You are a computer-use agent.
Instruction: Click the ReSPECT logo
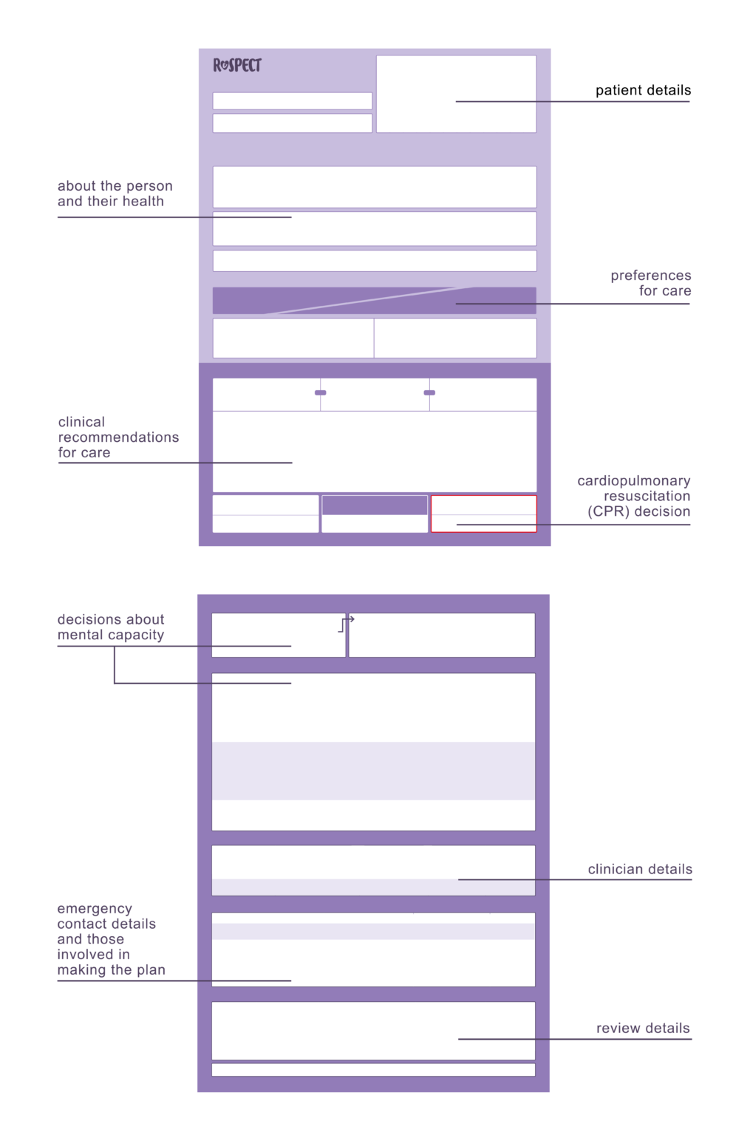tap(237, 65)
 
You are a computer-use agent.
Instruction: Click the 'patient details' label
tap(643, 90)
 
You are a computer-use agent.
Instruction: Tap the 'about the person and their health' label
tap(115, 194)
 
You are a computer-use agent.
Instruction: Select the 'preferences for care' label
tap(651, 283)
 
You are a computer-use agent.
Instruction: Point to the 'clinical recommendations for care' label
tap(118, 437)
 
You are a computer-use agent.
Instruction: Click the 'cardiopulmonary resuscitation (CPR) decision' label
tap(634, 496)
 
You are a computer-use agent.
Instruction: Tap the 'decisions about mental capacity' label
tap(111, 627)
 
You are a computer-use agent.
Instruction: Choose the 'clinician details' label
tap(640, 869)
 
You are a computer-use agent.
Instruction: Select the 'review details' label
tap(643, 1028)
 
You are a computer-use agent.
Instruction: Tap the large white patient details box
tap(456, 95)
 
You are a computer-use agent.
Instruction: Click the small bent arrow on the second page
tap(346, 624)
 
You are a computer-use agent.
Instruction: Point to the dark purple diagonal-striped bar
tap(375, 301)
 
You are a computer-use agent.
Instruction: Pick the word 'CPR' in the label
tap(609, 511)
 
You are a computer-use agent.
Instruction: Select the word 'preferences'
tap(651, 276)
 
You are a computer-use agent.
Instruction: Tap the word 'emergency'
tap(95, 909)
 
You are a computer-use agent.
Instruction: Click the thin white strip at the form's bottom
tap(373, 1070)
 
